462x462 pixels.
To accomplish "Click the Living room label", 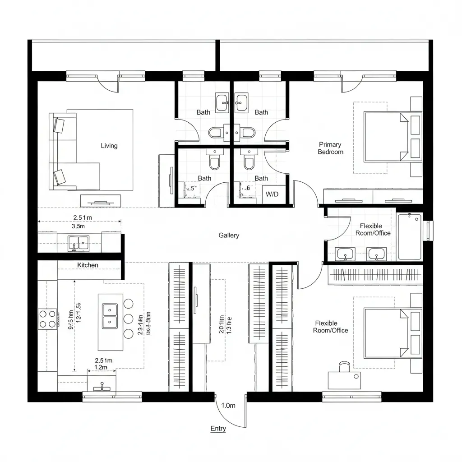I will pyautogui.click(x=109, y=146).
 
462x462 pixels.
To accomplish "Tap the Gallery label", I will pyautogui.click(x=229, y=235).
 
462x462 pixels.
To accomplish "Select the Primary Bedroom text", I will pyautogui.click(x=330, y=148).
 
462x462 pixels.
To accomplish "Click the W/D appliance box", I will pyautogui.click(x=272, y=194).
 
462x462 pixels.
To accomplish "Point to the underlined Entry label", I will pyautogui.click(x=218, y=429).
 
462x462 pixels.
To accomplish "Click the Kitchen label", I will pyautogui.click(x=88, y=265).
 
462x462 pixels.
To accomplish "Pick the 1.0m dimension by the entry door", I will pyautogui.click(x=228, y=405).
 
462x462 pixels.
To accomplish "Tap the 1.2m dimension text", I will pyautogui.click(x=101, y=368).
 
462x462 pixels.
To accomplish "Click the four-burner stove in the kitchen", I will pyautogui.click(x=48, y=318).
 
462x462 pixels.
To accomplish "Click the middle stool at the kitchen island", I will pyautogui.click(x=129, y=319).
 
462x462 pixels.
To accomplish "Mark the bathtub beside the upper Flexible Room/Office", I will pyautogui.click(x=409, y=237).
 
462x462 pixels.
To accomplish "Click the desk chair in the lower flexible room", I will pyautogui.click(x=345, y=367).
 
